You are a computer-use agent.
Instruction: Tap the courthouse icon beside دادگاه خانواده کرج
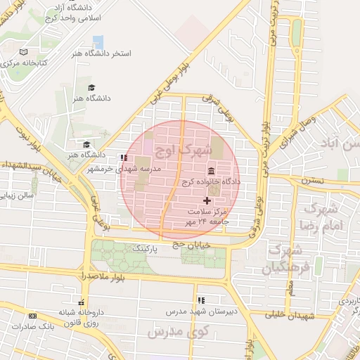click(x=212, y=172)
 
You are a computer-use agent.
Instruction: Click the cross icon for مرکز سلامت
click(x=206, y=201)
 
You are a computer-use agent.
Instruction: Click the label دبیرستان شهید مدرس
click(x=198, y=310)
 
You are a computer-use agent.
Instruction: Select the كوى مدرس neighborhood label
click(x=166, y=330)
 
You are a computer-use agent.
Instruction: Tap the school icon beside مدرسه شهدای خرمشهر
click(x=124, y=158)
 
